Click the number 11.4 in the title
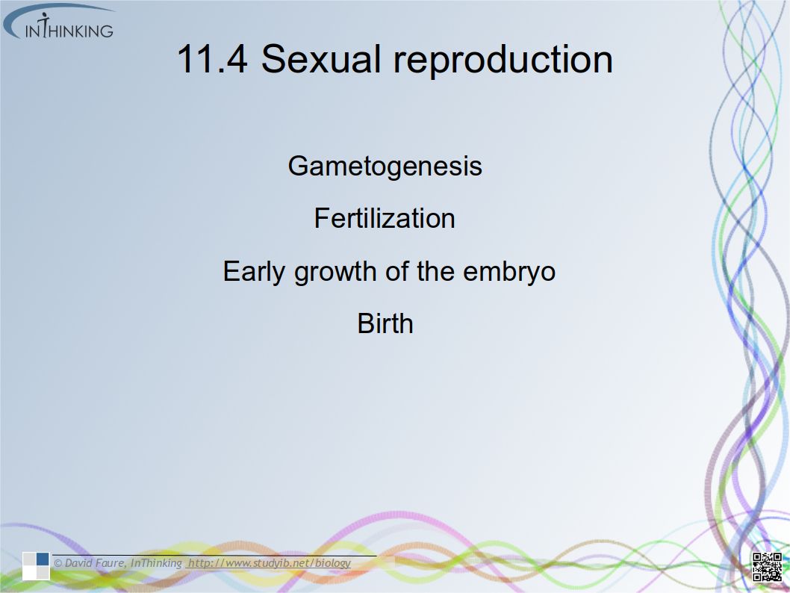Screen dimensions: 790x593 click(x=212, y=59)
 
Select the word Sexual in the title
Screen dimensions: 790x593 click(x=320, y=59)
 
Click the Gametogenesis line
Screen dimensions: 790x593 click(x=385, y=167)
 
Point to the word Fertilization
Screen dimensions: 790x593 click(x=385, y=218)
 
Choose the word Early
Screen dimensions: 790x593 click(x=254, y=272)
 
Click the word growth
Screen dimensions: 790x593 click(x=335, y=272)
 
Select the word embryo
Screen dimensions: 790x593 click(x=508, y=272)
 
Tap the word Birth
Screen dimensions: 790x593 click(x=385, y=323)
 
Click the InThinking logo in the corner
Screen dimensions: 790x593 click(x=58, y=22)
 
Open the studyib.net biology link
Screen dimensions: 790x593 click(x=270, y=563)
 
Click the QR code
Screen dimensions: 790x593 click(x=767, y=566)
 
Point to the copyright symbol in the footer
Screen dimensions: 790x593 click(x=58, y=563)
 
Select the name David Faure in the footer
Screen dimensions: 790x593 click(x=95, y=563)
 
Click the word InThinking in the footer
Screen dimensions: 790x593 click(x=156, y=563)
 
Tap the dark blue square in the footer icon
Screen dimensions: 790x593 click(x=43, y=559)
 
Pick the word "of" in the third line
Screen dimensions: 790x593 click(x=397, y=271)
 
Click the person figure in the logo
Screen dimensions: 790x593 click(x=45, y=25)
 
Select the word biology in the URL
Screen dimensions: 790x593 click(x=333, y=563)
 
